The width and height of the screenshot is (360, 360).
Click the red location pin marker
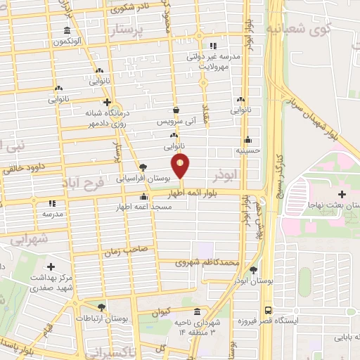pos(181,166)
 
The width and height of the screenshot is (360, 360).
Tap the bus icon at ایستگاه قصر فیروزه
pos(268,310)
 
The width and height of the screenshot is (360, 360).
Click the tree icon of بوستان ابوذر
pos(253,270)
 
